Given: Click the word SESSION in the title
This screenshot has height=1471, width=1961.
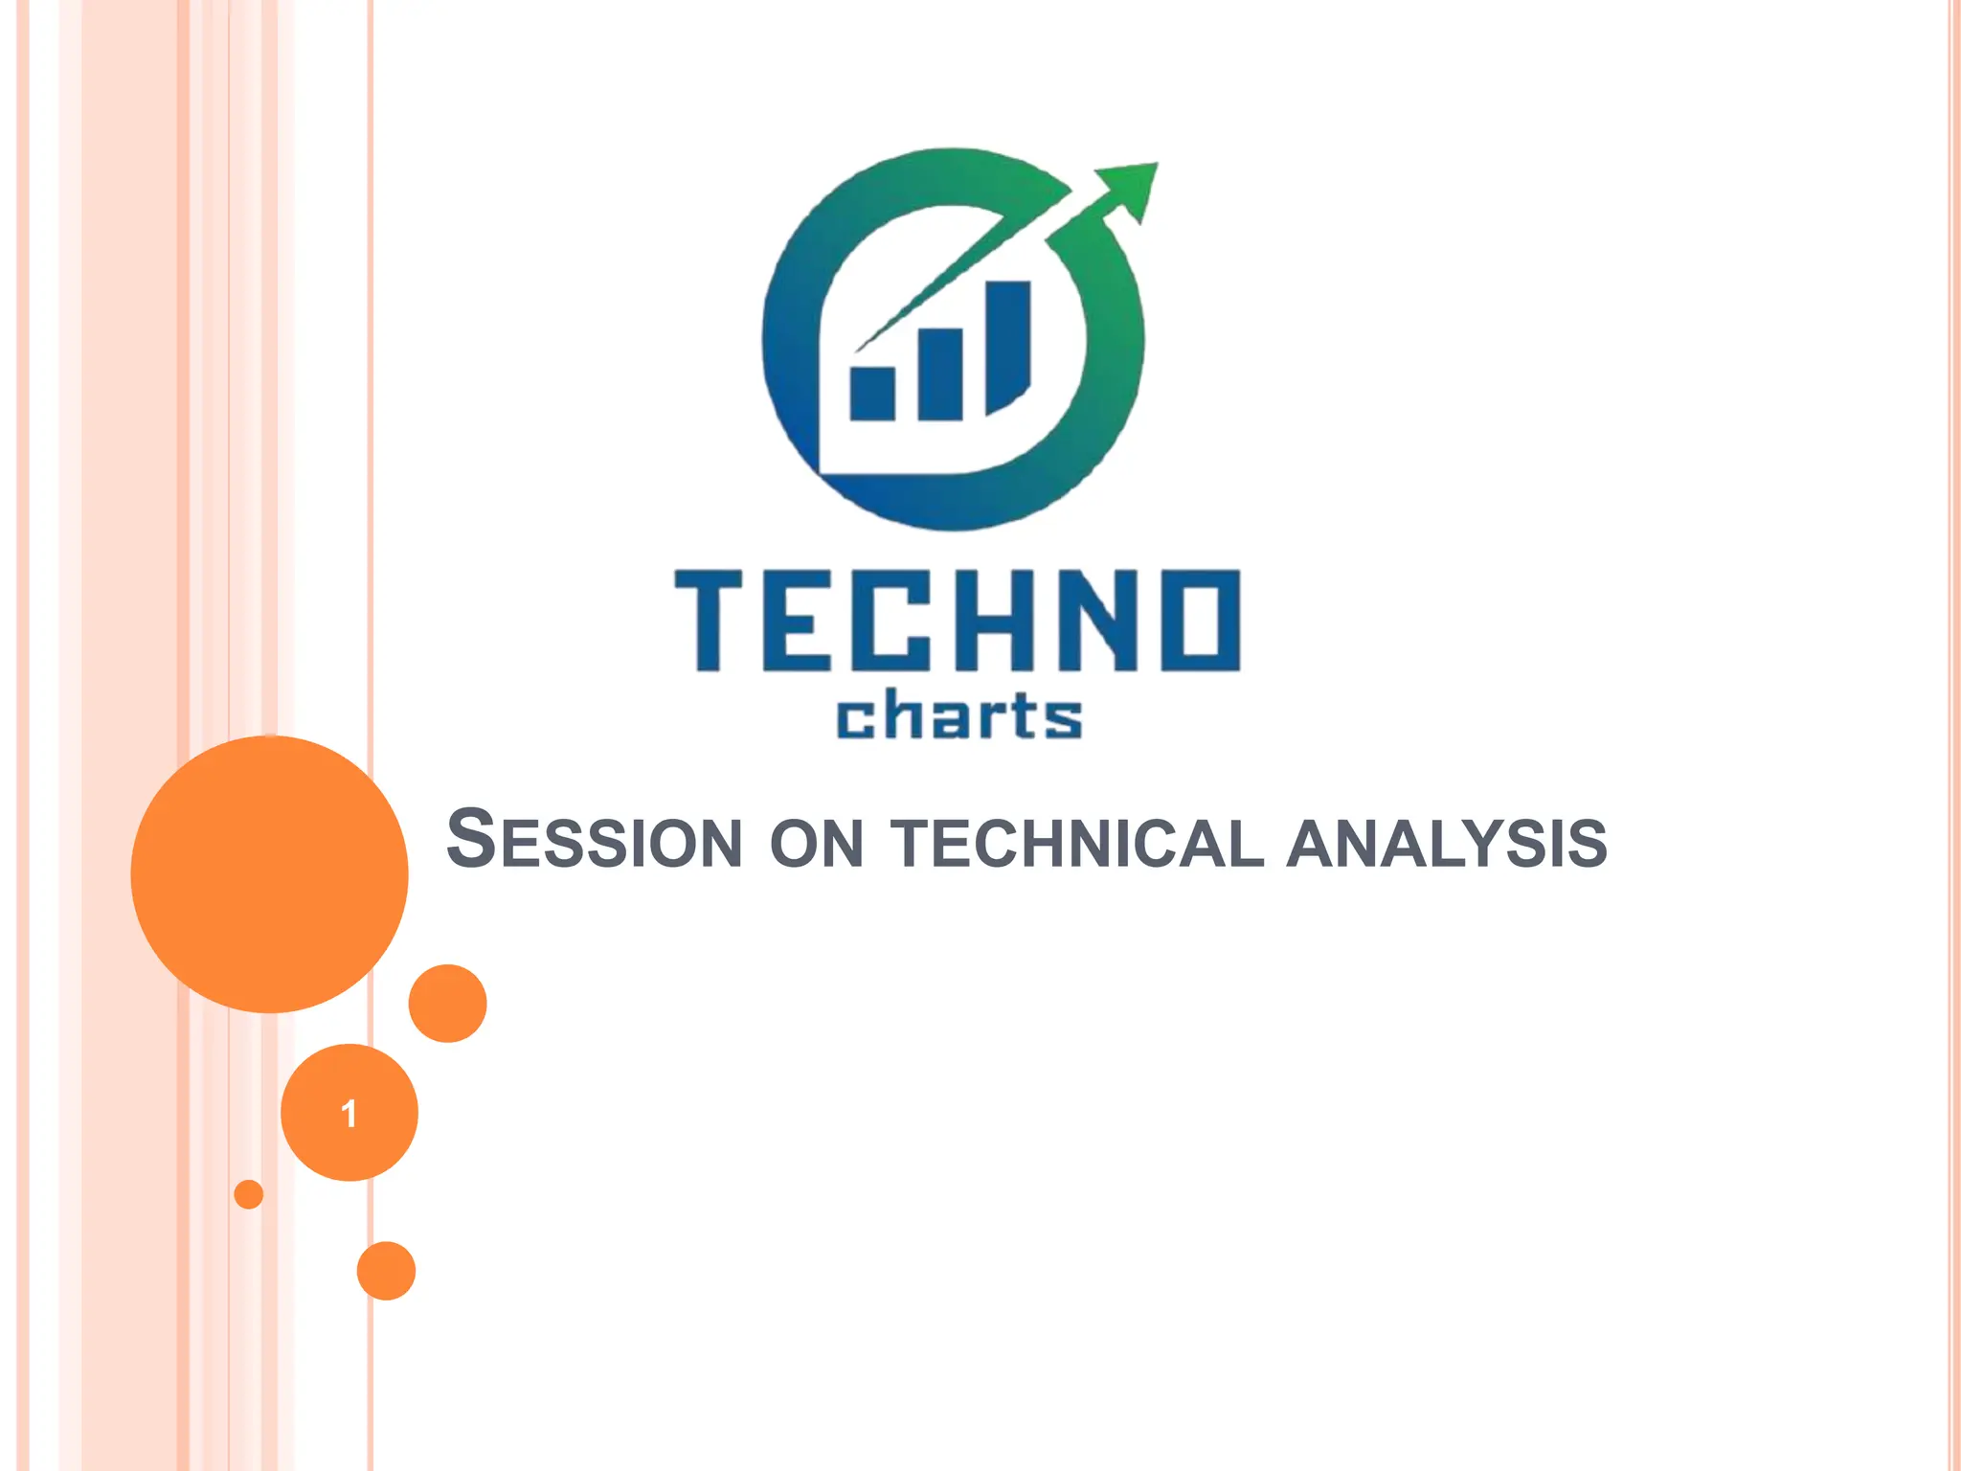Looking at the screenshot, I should click(595, 841).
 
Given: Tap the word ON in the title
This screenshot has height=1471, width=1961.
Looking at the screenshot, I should click(817, 844).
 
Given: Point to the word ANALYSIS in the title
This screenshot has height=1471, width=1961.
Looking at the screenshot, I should click(1447, 844).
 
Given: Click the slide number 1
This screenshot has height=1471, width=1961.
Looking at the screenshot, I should click(349, 1113).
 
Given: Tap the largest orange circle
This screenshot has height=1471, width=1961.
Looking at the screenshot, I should click(269, 873).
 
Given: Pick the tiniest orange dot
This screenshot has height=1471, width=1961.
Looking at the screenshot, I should click(249, 1194).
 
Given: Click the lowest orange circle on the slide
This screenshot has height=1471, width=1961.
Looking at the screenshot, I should click(386, 1271).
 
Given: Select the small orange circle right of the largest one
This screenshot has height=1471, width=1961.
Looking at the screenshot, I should click(447, 1003).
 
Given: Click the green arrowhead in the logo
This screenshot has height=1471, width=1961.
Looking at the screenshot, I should click(1131, 188).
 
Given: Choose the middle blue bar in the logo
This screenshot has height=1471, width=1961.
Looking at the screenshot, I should click(939, 373).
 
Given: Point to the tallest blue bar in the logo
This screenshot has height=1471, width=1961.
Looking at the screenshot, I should click(1007, 345).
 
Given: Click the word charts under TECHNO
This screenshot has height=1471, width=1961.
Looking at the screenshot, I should click(958, 716).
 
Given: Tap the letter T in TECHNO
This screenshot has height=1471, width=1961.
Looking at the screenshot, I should click(709, 621).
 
